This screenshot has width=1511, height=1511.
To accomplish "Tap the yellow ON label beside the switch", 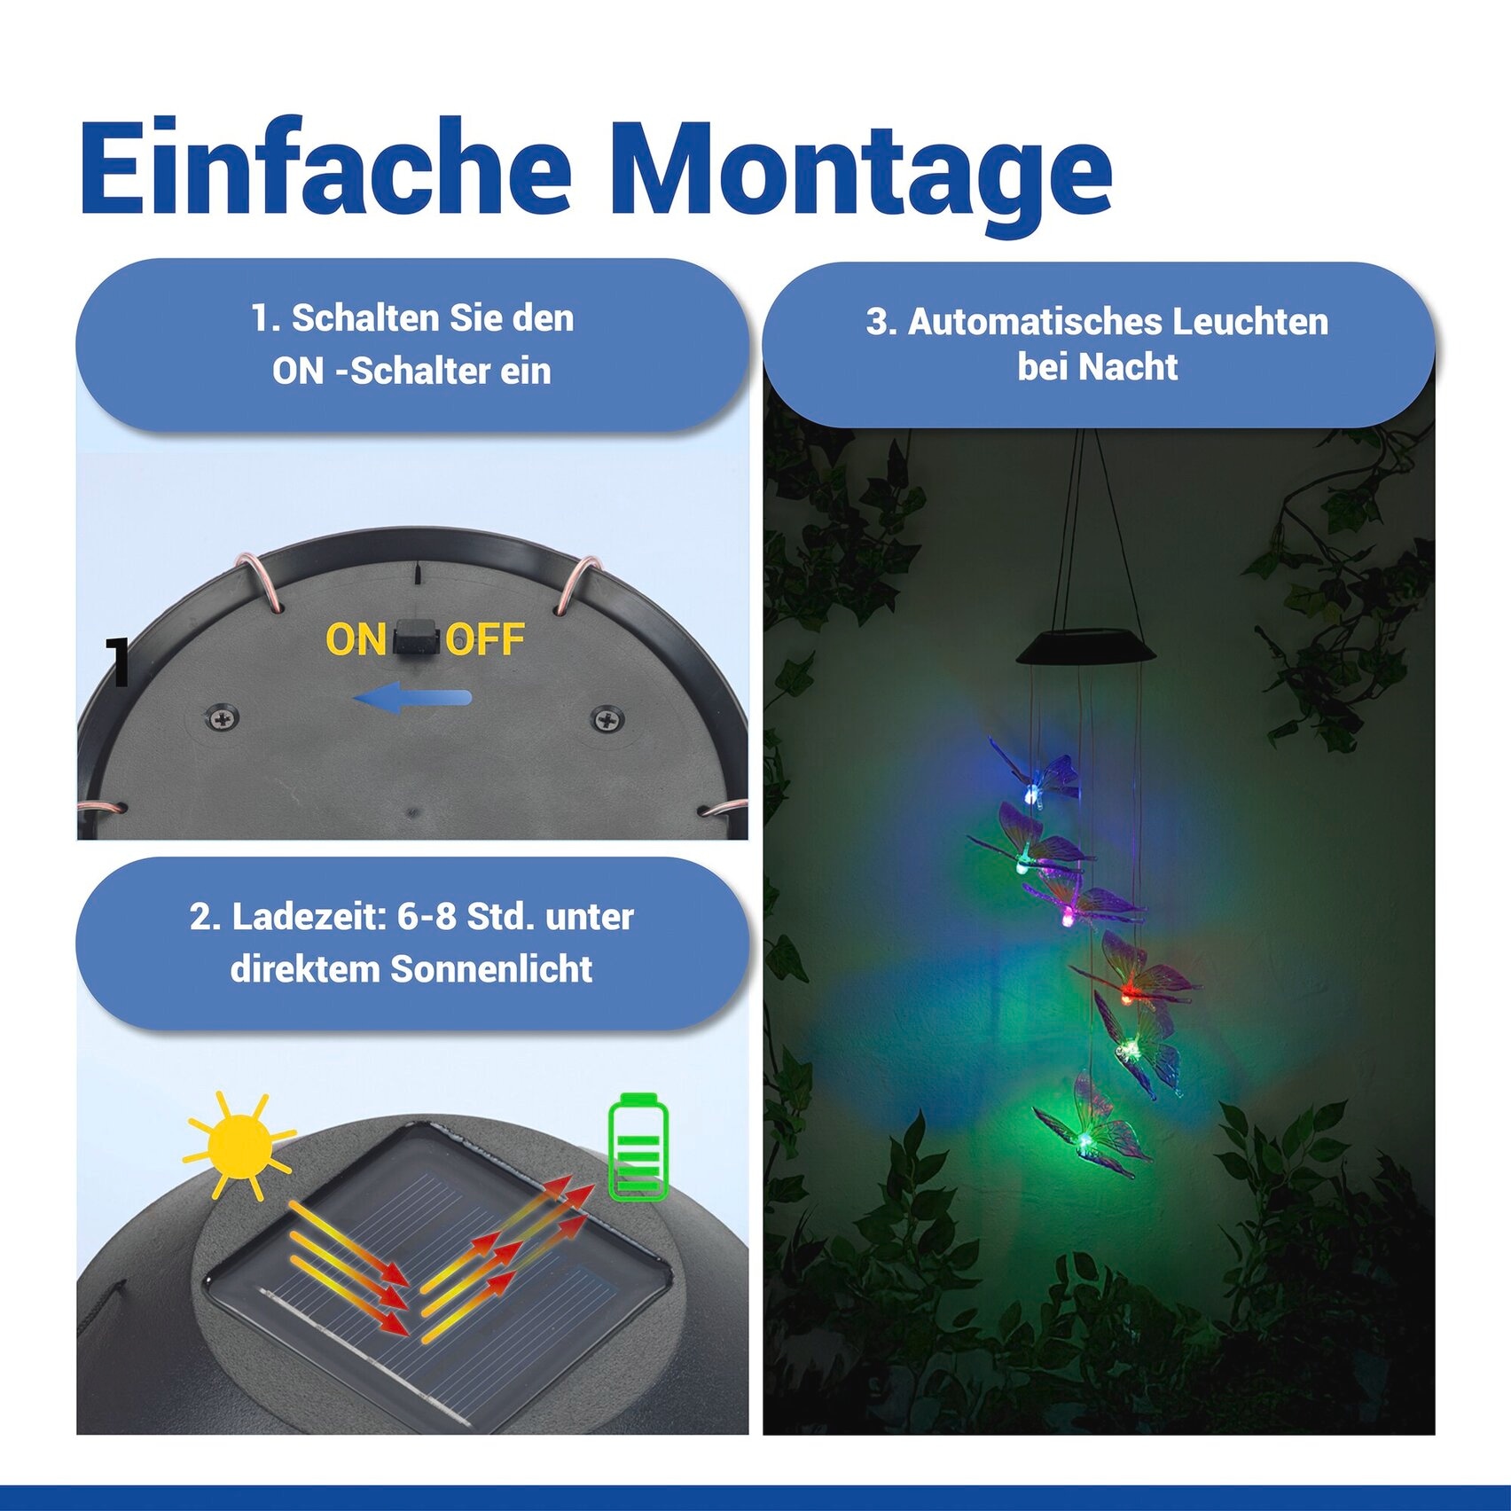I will click(x=355, y=640).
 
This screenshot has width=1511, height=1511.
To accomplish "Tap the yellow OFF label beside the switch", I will click(x=485, y=640).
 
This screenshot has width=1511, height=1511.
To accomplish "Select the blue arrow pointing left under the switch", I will click(x=412, y=698).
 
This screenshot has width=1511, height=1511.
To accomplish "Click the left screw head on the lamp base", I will click(x=222, y=716).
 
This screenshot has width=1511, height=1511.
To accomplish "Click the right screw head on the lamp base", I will click(x=607, y=718).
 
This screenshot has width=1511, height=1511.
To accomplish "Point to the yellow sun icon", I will click(x=238, y=1146).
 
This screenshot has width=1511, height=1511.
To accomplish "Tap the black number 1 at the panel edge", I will click(x=118, y=662).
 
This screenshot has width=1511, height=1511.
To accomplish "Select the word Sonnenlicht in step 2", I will click(x=491, y=969).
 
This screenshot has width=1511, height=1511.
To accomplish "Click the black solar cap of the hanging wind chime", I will click(x=1086, y=646).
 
